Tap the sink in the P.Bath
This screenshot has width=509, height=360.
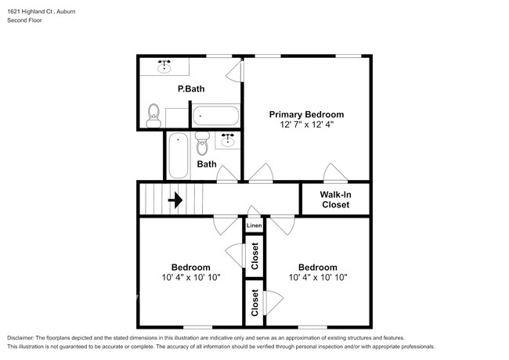(x=165, y=67)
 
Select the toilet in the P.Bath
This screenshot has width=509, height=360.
(x=153, y=116)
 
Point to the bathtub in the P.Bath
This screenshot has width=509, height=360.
(x=215, y=116)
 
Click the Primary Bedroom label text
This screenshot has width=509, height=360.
(x=306, y=114)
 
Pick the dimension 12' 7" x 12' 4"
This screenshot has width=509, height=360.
(x=306, y=125)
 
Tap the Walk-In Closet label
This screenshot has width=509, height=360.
(x=335, y=200)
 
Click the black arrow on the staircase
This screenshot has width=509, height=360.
(x=175, y=200)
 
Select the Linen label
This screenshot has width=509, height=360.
(x=254, y=226)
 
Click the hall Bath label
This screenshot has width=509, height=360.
(x=207, y=164)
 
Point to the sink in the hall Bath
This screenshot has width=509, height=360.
(x=229, y=140)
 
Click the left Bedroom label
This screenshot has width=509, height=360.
(x=190, y=266)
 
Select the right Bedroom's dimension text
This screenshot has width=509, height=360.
(x=317, y=277)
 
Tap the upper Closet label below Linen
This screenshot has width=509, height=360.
(x=255, y=255)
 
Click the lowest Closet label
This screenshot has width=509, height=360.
(x=255, y=302)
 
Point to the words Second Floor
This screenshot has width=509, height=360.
(x=25, y=20)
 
